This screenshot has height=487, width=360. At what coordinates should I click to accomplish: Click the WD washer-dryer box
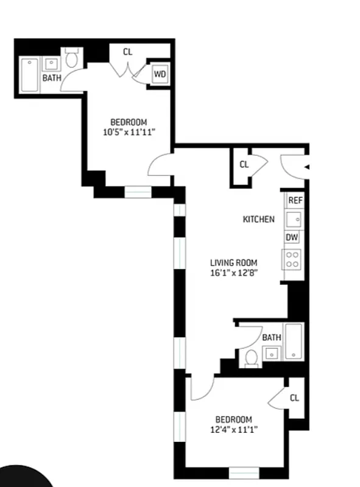(x=160, y=74)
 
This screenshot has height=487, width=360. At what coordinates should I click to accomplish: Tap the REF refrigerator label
(x=294, y=200)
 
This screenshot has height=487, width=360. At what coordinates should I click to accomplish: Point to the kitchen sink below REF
(x=294, y=219)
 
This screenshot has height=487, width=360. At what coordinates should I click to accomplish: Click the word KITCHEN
(x=259, y=219)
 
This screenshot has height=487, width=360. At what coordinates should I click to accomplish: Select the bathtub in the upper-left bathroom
(x=29, y=75)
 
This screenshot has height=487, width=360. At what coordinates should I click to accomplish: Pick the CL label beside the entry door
(x=244, y=164)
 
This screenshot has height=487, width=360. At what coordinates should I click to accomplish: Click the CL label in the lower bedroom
(x=294, y=398)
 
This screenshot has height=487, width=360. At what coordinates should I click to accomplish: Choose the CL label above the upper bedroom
(x=127, y=52)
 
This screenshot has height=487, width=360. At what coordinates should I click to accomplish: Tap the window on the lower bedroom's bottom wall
(x=244, y=472)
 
